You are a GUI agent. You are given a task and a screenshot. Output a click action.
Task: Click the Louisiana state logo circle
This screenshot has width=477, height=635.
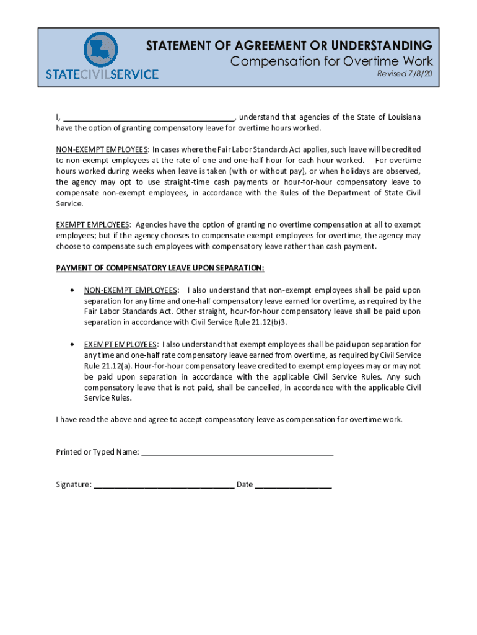pyautogui.click(x=100, y=49)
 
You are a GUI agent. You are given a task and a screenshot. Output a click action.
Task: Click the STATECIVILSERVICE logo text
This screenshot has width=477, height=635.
pyautogui.click(x=102, y=74)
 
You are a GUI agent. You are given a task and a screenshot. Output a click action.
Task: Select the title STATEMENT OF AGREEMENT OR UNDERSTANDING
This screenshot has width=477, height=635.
pyautogui.click(x=289, y=45)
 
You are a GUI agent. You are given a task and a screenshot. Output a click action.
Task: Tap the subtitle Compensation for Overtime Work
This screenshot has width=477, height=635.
pyautogui.click(x=331, y=61)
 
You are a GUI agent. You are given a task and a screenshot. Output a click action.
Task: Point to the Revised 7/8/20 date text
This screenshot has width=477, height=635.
pyautogui.click(x=405, y=74)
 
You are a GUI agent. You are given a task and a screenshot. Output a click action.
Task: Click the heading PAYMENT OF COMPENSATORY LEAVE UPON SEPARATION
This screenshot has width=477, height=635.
pyautogui.click(x=160, y=268)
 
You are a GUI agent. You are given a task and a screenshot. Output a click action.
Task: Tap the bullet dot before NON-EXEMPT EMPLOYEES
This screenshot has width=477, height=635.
pyautogui.click(x=74, y=290)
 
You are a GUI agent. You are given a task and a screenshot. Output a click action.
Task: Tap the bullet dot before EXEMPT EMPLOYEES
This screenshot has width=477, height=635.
pyautogui.click(x=74, y=344)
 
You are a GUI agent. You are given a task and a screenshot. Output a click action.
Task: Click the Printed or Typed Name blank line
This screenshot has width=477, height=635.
pyautogui.click(x=237, y=453)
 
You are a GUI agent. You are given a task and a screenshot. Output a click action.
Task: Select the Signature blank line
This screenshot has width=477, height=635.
pyautogui.click(x=164, y=486)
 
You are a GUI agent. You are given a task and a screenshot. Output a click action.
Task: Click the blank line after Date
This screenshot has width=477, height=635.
pyautogui.click(x=293, y=486)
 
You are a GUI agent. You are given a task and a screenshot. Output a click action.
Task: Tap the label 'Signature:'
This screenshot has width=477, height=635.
pyautogui.click(x=74, y=485)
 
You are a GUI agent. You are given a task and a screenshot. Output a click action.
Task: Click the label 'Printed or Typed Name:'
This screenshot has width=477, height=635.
pyautogui.click(x=97, y=452)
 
